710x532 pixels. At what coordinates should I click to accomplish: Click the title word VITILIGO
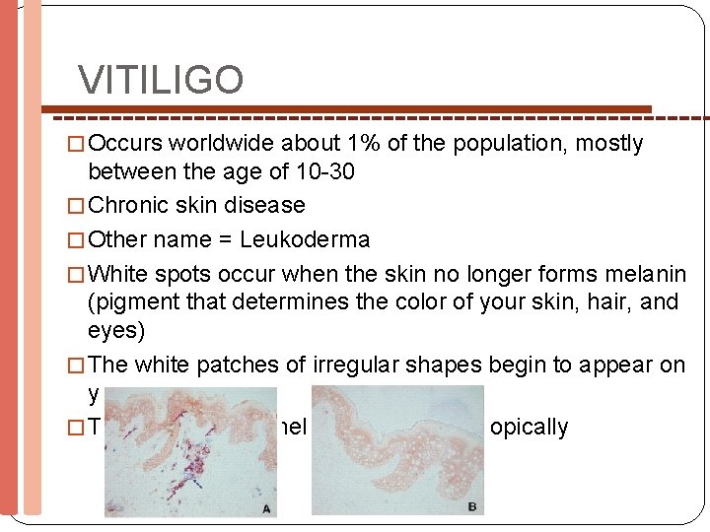(x=161, y=81)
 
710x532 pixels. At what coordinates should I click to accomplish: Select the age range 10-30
(x=325, y=172)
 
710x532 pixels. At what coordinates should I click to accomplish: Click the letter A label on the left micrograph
(x=265, y=508)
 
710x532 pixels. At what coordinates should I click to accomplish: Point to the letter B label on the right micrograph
(x=471, y=506)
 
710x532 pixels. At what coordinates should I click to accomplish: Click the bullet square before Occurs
(x=80, y=145)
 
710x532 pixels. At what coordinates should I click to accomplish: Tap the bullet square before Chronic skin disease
(x=80, y=206)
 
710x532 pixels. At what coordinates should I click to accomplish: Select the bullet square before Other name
(x=80, y=239)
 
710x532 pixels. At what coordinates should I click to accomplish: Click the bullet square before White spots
(x=80, y=273)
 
